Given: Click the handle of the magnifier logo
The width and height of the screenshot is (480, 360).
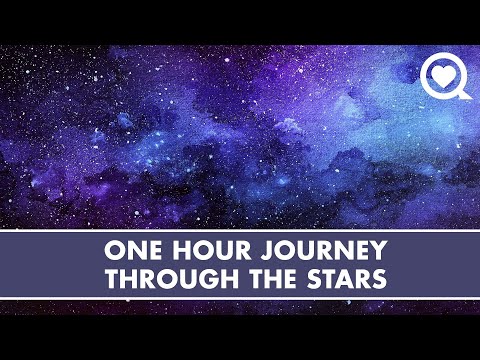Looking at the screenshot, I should point(462,93).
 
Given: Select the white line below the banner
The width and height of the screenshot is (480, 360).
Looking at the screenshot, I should point(240,297).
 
